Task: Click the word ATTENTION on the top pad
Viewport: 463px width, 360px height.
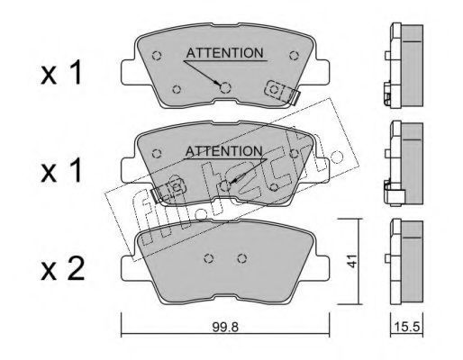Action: click(x=224, y=53)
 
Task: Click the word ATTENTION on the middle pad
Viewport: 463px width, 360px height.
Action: click(x=224, y=151)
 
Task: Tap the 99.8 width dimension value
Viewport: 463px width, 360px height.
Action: click(x=225, y=328)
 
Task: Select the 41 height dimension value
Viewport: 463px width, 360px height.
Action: click(x=352, y=261)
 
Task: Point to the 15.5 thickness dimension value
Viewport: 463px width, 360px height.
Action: click(x=406, y=327)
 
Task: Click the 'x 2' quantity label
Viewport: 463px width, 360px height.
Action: click(x=62, y=269)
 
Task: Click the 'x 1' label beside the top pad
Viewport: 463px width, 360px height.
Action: click(x=61, y=73)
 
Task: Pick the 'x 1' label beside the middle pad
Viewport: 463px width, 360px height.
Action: click(x=61, y=171)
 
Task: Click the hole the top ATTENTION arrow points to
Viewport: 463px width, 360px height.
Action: click(x=225, y=87)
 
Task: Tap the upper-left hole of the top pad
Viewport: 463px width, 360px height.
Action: click(x=157, y=56)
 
